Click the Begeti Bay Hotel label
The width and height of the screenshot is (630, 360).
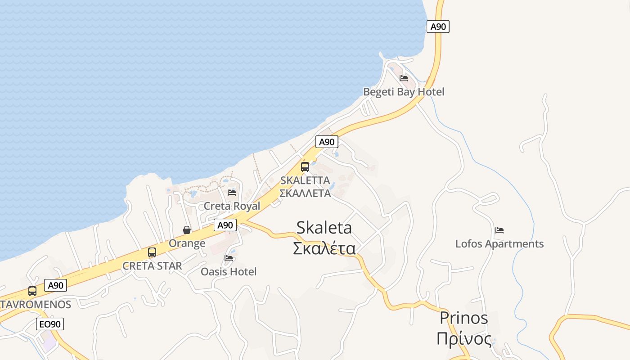click(404, 92)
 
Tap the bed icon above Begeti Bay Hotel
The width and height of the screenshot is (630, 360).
click(404, 78)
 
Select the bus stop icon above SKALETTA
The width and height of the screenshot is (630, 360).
click(305, 167)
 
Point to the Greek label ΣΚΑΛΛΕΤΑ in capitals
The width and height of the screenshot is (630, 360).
click(305, 193)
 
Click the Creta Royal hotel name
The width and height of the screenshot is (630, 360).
click(232, 206)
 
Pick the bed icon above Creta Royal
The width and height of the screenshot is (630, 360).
click(232, 193)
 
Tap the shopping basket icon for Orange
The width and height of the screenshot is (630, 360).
click(187, 230)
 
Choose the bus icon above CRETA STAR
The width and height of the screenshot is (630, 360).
click(152, 252)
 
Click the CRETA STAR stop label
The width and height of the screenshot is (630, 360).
click(152, 266)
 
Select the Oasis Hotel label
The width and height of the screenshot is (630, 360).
click(229, 272)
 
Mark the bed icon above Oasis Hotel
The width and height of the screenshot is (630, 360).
click(229, 258)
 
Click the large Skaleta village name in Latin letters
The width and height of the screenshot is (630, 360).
click(324, 228)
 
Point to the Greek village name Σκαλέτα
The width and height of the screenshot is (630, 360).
click(324, 248)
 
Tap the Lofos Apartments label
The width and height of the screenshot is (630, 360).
click(499, 244)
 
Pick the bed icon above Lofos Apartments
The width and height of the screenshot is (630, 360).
click(499, 230)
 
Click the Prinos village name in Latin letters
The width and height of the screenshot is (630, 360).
click(463, 318)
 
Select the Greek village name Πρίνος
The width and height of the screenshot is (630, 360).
click(463, 338)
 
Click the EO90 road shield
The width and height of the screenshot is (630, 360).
click(50, 324)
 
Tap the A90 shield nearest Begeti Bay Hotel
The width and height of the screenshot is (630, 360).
click(438, 27)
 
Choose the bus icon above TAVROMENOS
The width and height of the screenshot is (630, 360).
click(32, 291)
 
